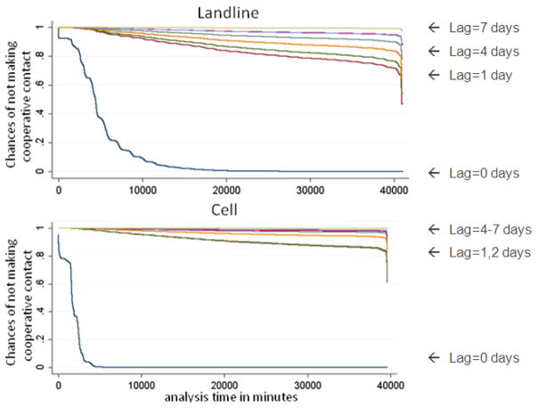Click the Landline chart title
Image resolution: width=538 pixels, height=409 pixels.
coord(228,12)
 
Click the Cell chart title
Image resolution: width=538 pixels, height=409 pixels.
coord(224,209)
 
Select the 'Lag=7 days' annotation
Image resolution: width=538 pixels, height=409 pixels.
coord(485,28)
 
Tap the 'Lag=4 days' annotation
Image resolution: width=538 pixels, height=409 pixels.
coord(485,52)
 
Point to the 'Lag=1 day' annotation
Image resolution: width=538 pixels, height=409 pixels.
coord(481,75)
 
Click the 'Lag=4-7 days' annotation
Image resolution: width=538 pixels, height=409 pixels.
coord(490,229)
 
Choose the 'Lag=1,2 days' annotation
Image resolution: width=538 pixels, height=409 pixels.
coord(490,252)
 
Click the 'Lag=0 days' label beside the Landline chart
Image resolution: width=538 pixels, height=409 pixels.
coord(485,173)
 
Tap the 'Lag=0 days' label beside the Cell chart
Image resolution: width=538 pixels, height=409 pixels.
coord(485,358)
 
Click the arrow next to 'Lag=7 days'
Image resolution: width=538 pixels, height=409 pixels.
coord(434,28)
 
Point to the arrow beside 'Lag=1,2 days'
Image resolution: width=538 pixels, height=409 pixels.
coord(434,252)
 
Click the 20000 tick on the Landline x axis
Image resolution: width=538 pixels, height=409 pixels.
coord(226,190)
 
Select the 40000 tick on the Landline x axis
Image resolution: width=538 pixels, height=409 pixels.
coord(394,190)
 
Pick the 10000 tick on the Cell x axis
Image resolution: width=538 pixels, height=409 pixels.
coord(142,385)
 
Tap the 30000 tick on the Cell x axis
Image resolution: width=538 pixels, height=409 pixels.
coord(307,385)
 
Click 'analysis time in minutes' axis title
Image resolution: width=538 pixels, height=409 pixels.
coord(231,397)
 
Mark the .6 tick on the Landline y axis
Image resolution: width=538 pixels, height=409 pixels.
coord(39,85)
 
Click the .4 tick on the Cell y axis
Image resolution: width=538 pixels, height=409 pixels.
coord(39,312)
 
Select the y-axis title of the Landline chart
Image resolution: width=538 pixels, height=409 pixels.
coord(18,104)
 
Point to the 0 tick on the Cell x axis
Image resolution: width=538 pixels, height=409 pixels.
coord(58,385)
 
